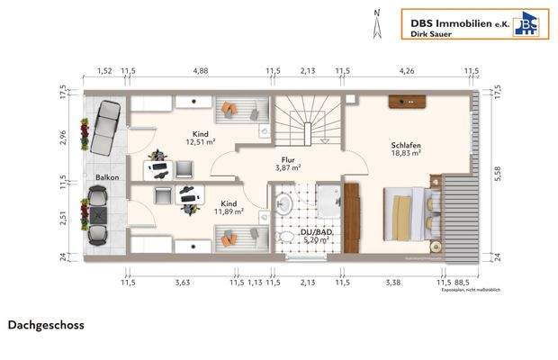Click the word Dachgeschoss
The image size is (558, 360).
click(46, 325)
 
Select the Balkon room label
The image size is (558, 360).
click(108, 178)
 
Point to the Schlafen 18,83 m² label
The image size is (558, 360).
click(406, 148)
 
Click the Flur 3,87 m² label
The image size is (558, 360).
click(288, 163)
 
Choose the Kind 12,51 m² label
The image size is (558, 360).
click(200, 138)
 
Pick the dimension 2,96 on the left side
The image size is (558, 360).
click(64, 138)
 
